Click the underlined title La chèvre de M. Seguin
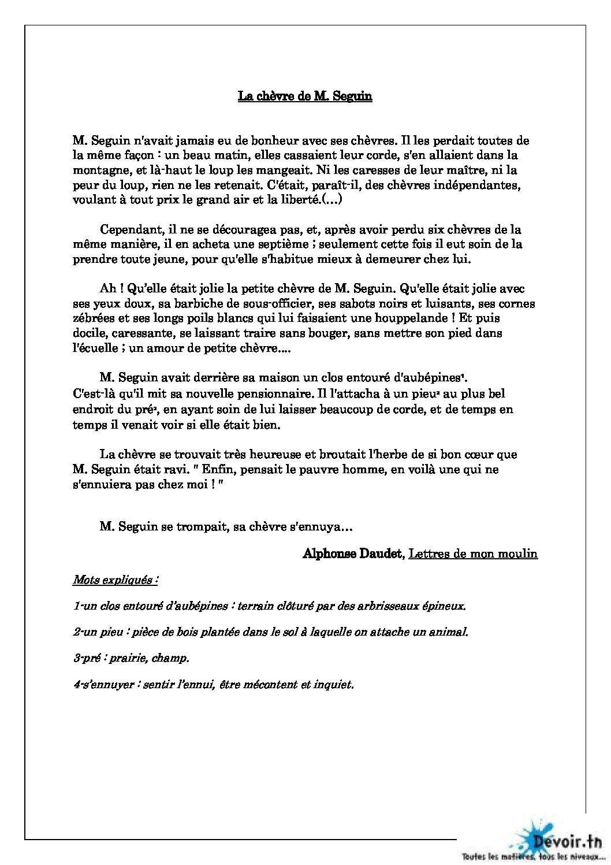[x=305, y=96]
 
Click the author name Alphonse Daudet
[x=353, y=554]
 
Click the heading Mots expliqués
[x=114, y=580]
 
